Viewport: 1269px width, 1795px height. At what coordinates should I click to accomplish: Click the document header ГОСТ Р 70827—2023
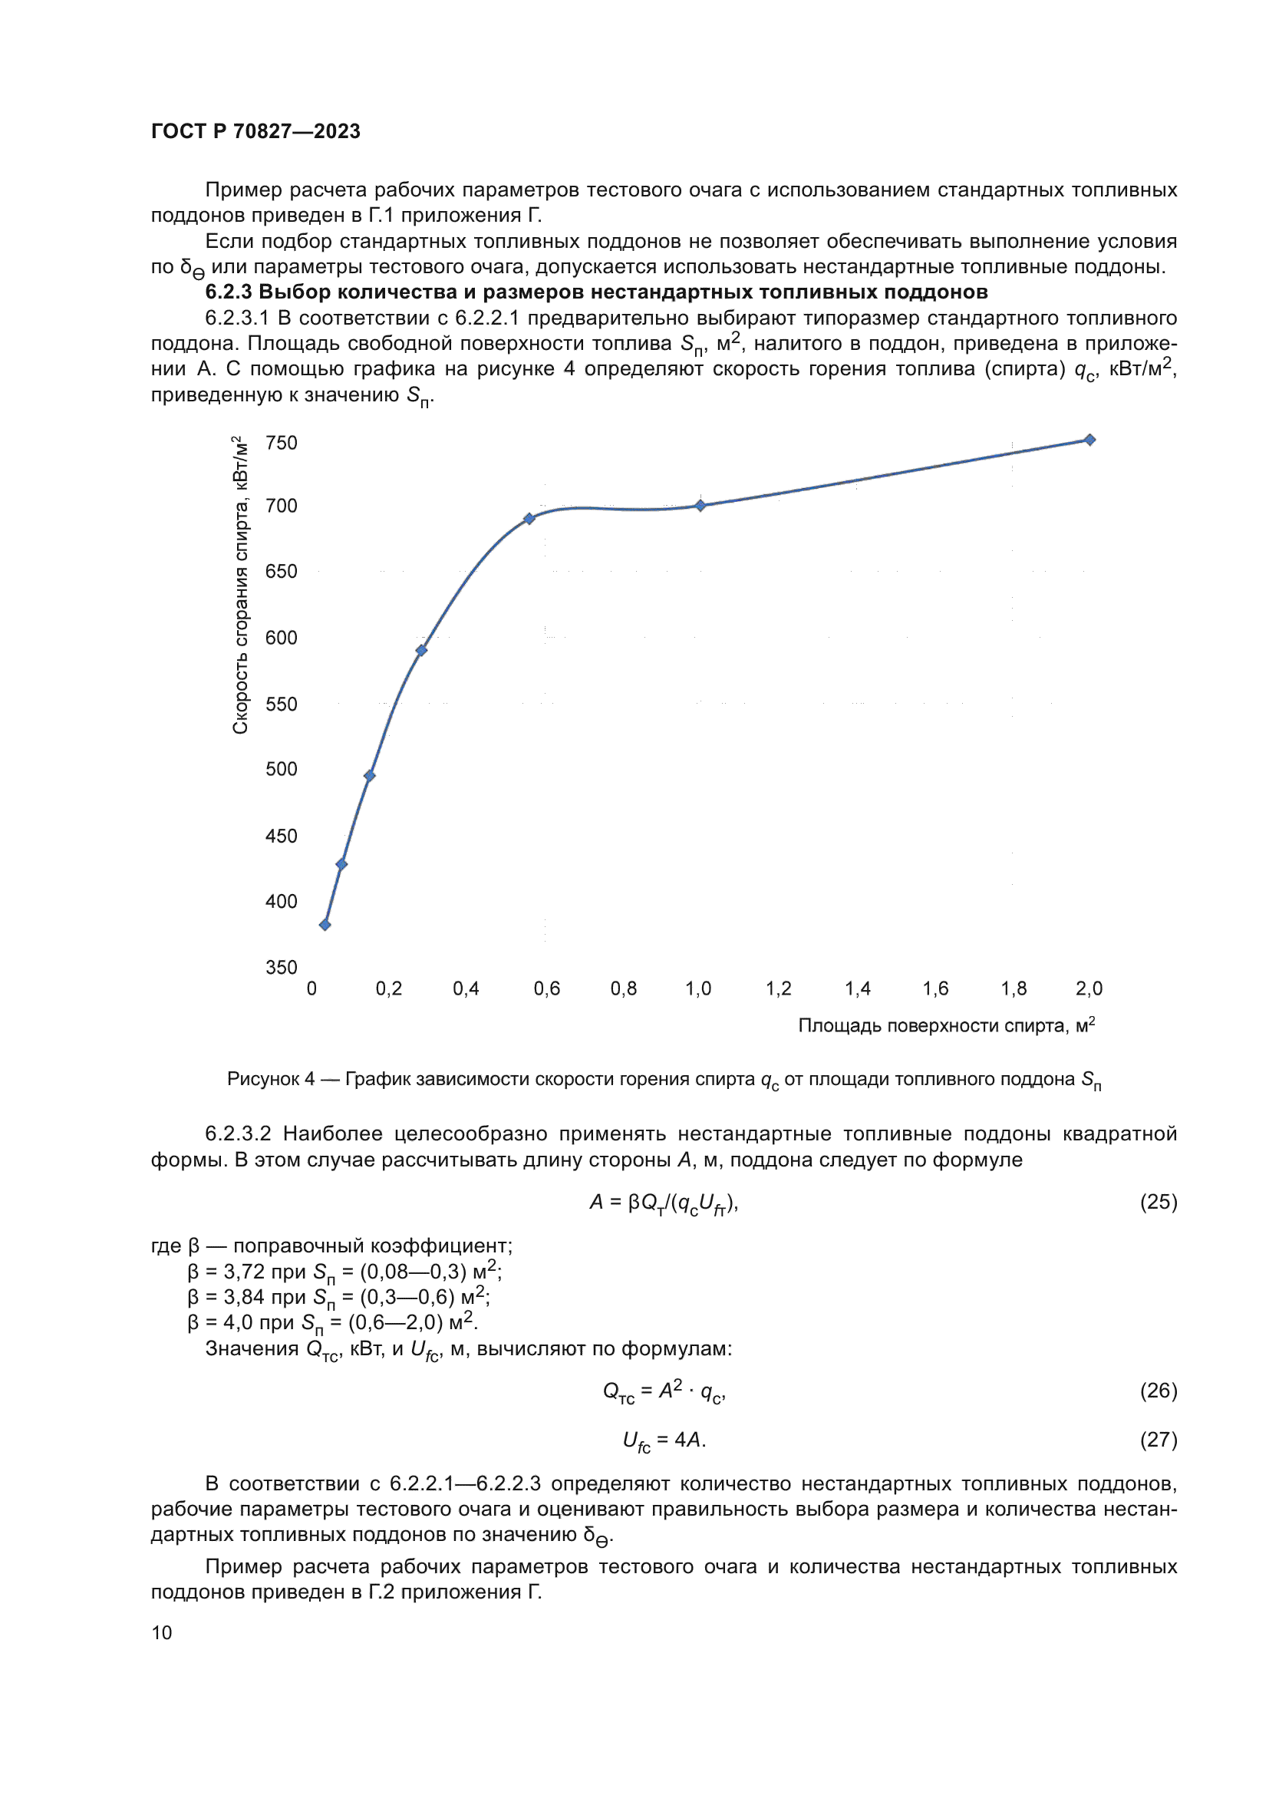(255, 131)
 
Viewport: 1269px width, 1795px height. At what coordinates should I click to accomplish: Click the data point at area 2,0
(1089, 441)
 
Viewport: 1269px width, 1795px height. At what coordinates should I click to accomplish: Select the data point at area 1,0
(700, 506)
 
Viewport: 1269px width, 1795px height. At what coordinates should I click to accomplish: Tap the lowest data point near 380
(325, 925)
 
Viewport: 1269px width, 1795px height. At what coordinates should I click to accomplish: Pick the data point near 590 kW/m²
(421, 651)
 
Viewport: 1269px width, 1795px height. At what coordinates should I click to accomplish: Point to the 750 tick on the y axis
(282, 444)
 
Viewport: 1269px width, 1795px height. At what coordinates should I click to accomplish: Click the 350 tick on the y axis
(282, 968)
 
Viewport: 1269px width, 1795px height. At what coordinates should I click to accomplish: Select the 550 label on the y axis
(282, 704)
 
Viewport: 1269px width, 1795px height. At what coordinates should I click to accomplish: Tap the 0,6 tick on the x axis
(547, 989)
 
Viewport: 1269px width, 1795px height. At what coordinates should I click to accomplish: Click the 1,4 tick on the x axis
(857, 989)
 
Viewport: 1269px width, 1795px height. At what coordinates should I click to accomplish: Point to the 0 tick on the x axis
(311, 989)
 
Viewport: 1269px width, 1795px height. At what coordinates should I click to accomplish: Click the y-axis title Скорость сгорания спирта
(241, 586)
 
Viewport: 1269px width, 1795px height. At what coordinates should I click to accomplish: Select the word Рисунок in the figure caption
(263, 1080)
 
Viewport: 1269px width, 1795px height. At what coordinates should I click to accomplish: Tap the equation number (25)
(1158, 1202)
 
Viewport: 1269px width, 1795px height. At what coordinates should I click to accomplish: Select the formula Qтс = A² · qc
(664, 1391)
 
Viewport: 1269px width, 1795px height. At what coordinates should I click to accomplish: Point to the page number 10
(162, 1633)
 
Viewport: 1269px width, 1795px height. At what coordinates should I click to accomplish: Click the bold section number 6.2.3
(228, 292)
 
